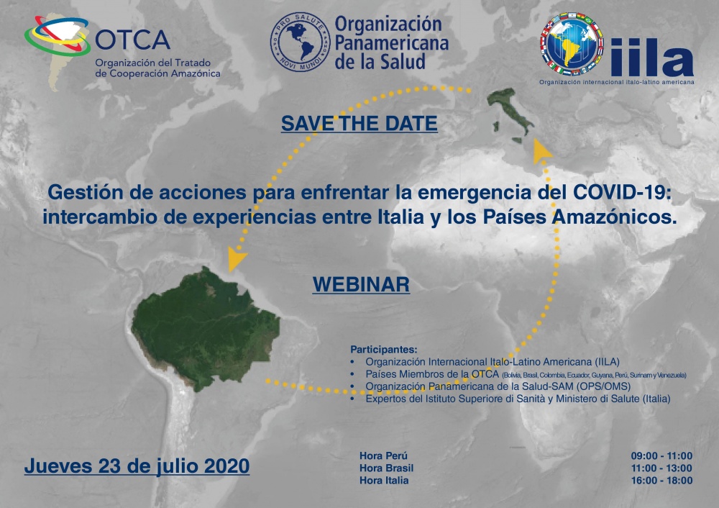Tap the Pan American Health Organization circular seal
[x=300, y=42]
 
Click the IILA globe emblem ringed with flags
[x=572, y=45]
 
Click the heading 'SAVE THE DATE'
[x=359, y=124]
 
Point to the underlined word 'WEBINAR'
[x=362, y=284]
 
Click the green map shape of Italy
[x=510, y=114]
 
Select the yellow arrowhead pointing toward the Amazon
[x=236, y=259]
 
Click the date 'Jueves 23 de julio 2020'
[x=137, y=466]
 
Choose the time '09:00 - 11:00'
[x=661, y=455]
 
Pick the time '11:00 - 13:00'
[x=661, y=468]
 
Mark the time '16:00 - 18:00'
[x=661, y=481]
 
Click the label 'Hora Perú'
[x=383, y=455]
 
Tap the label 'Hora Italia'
[x=384, y=481]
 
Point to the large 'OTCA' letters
[x=133, y=40]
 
